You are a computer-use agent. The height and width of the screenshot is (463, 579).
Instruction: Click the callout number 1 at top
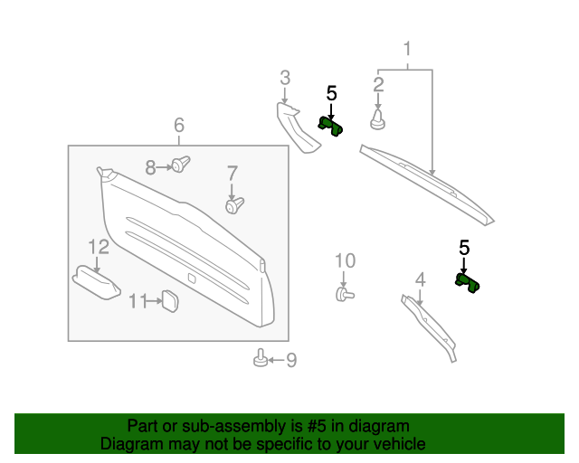pos(407,48)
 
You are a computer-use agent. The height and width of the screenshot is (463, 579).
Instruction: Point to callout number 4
pos(420,279)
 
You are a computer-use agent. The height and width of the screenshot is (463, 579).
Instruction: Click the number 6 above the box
pos(178,125)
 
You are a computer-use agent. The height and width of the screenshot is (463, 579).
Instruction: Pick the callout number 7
pos(232,172)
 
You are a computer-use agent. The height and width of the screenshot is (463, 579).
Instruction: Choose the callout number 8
pos(151,166)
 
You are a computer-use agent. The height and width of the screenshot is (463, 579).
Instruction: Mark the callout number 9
pos(290,361)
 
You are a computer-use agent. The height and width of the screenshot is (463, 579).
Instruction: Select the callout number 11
pos(137,301)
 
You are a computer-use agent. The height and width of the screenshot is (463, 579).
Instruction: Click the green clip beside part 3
pos(330,126)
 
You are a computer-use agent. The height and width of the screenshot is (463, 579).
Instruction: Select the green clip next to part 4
pos(469,284)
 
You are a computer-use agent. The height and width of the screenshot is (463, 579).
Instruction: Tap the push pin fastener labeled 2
pos(377,118)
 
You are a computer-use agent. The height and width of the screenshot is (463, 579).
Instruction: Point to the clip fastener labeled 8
pos(182,164)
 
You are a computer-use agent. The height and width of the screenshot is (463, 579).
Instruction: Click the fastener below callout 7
pos(234,207)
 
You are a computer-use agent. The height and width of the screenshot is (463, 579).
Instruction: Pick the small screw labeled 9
pos(259,360)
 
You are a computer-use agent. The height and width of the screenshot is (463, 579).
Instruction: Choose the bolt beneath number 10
pos(344,293)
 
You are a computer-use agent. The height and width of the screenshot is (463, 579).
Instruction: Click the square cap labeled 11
pos(168,300)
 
